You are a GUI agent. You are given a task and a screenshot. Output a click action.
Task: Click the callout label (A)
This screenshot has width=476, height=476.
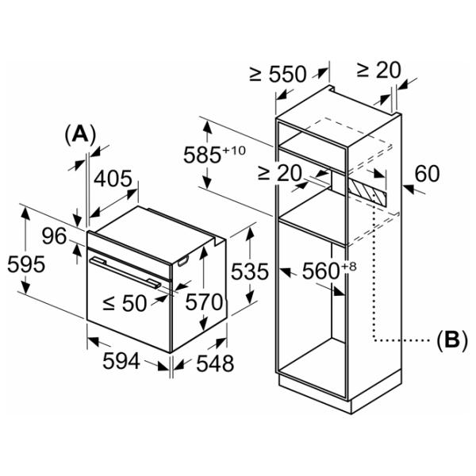(79, 134)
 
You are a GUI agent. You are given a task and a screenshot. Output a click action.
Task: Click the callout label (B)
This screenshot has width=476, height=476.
(451, 341)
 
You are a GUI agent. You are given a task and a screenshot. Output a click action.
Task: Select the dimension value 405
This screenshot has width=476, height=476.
(113, 180)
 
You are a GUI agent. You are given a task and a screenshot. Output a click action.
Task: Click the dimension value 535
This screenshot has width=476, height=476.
(250, 272)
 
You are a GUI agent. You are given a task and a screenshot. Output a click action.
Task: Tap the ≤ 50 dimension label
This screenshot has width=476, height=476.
(125, 301)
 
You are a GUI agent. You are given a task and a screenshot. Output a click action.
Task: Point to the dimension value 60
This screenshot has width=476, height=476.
(426, 173)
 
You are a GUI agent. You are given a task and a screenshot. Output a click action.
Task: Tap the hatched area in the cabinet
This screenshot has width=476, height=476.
(369, 190)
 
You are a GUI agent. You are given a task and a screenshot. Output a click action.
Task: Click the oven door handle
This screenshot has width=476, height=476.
(127, 270)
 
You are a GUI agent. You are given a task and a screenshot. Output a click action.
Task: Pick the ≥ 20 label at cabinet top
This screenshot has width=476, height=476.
(379, 70)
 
